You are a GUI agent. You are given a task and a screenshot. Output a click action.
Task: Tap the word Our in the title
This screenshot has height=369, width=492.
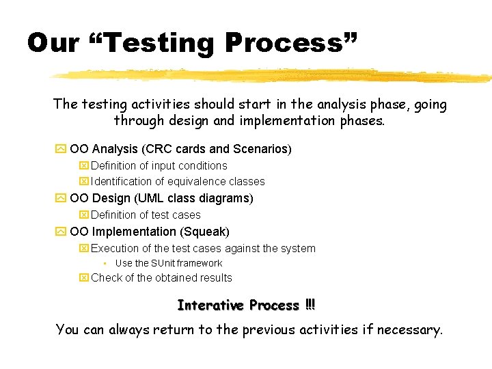point(53,43)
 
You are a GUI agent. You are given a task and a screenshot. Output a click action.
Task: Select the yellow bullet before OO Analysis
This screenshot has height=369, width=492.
point(60,149)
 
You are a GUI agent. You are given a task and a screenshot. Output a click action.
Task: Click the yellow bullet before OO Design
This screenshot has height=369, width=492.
point(60,199)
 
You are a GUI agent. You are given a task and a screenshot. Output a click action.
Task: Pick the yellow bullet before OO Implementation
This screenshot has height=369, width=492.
point(60,232)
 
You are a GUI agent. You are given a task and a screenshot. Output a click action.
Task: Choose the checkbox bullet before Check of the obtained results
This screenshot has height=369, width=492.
point(84,278)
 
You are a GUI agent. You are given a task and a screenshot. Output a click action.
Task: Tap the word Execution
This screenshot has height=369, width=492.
point(115,249)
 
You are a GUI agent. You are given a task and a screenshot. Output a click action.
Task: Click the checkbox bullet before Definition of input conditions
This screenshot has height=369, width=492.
point(84,166)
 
